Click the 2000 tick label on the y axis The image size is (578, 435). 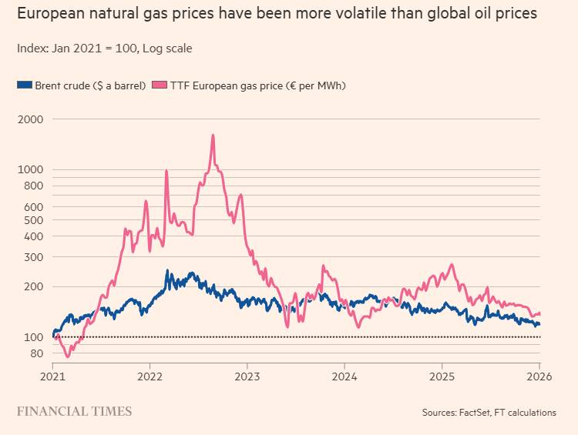31,119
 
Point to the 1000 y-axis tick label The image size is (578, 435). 31,169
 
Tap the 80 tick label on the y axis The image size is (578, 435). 36,353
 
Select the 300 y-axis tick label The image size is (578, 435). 34,257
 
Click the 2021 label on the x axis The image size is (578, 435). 52,377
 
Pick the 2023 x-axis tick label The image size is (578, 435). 247,377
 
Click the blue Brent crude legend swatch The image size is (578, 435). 24,85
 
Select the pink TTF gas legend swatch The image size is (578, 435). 160,85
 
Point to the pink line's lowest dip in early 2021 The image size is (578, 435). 67,356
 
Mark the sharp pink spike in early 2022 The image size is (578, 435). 166,171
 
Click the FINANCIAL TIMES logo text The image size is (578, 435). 74,411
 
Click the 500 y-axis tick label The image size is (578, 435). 34,220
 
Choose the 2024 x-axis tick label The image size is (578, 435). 344,377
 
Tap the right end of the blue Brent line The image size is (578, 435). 539,324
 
